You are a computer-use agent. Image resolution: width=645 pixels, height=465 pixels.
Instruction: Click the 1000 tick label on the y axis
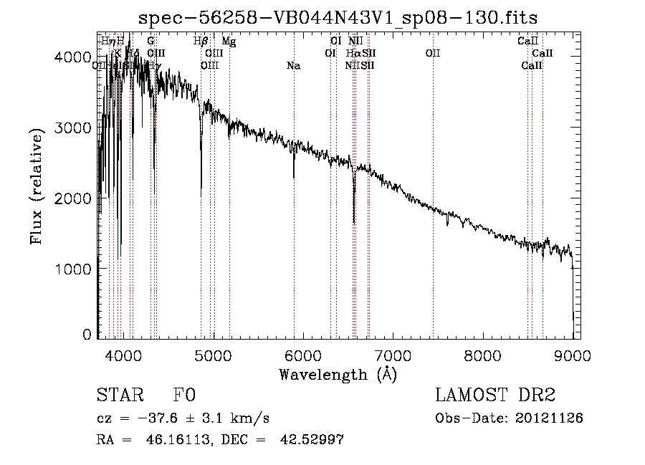(72, 269)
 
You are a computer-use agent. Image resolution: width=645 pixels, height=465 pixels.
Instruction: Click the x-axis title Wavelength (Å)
(338, 375)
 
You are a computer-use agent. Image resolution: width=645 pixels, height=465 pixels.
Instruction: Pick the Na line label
(293, 66)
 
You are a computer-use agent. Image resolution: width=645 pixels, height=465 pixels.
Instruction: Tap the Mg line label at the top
(229, 42)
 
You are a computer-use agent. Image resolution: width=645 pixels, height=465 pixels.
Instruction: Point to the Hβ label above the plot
(201, 42)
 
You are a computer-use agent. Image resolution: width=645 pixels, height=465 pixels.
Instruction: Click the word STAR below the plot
(118, 396)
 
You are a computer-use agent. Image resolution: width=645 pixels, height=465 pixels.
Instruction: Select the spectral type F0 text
(183, 396)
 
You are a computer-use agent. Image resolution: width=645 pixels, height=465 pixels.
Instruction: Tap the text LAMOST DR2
(495, 396)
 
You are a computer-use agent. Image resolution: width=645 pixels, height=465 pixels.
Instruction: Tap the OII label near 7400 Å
(433, 53)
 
